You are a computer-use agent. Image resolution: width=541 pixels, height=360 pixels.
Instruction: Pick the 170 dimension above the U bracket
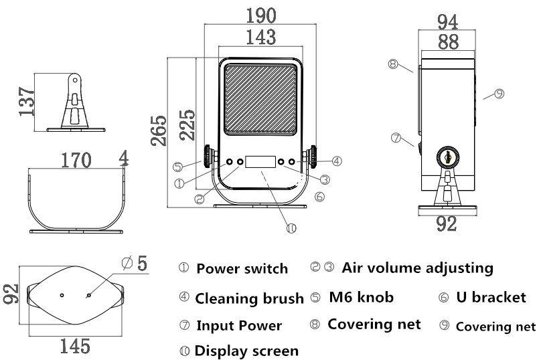(78, 161)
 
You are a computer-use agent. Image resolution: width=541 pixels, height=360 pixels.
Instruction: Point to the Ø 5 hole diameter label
(135, 263)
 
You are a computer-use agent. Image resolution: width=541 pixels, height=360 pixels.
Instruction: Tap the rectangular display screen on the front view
(260, 162)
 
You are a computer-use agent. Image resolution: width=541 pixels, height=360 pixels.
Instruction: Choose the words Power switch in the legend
(242, 269)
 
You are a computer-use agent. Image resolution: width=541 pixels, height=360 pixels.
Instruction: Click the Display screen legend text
(246, 351)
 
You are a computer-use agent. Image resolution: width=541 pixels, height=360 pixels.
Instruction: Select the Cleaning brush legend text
(249, 299)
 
